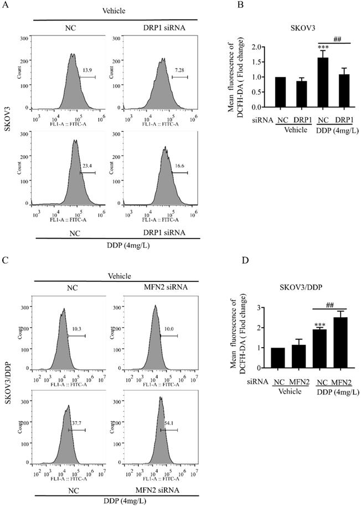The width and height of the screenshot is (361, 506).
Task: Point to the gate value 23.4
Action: click(87, 166)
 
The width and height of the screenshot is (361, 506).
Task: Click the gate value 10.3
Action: click(79, 329)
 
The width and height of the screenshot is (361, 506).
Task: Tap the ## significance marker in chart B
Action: click(337, 38)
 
